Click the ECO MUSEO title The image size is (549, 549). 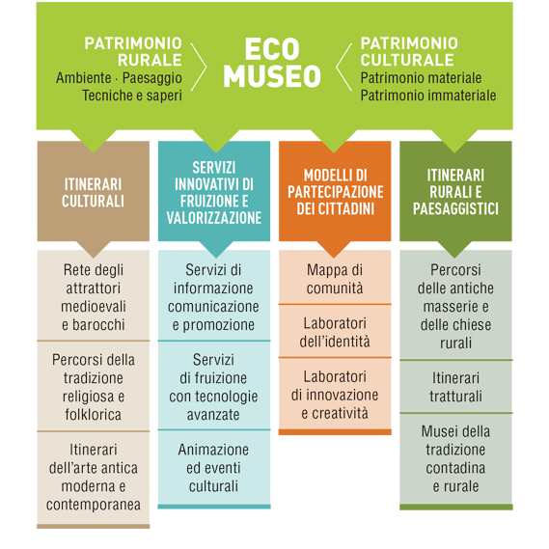(272, 63)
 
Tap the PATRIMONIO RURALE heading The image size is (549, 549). (133, 51)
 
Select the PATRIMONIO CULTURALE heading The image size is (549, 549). (409, 51)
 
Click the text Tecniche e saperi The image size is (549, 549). (132, 96)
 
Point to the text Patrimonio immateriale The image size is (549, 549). (428, 96)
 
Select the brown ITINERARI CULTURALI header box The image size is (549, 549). (94, 191)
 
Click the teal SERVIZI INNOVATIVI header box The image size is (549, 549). (214, 191)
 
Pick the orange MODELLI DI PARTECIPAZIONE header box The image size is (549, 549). (335, 191)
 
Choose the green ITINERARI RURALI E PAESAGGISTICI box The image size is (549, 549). (455, 191)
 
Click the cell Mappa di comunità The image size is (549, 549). (335, 279)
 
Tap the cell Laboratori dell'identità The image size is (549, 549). (335, 332)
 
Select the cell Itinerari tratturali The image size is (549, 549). (455, 387)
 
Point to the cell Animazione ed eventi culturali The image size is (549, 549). (214, 468)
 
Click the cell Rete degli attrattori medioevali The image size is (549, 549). (94, 297)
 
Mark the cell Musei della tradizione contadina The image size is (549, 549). (455, 458)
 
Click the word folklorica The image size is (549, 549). (94, 415)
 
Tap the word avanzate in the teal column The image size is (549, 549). (213, 415)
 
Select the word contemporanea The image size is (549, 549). (94, 505)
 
